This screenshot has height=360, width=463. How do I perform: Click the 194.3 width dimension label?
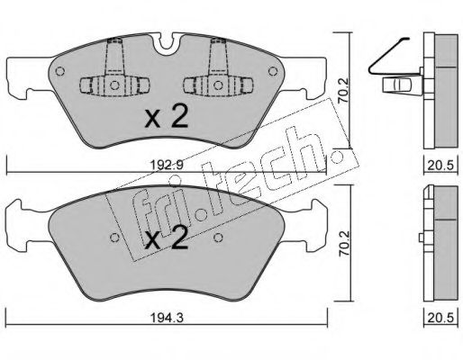point(167,318)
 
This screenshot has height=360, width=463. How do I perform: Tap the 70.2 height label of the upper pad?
point(342,90)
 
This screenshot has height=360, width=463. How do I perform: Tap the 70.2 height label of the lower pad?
point(343,243)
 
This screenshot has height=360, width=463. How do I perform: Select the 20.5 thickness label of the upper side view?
point(440,166)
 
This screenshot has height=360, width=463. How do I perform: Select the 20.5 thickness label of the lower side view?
point(440,318)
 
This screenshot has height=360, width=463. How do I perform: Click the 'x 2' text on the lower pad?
point(167,238)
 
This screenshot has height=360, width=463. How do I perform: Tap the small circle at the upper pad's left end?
point(60,71)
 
